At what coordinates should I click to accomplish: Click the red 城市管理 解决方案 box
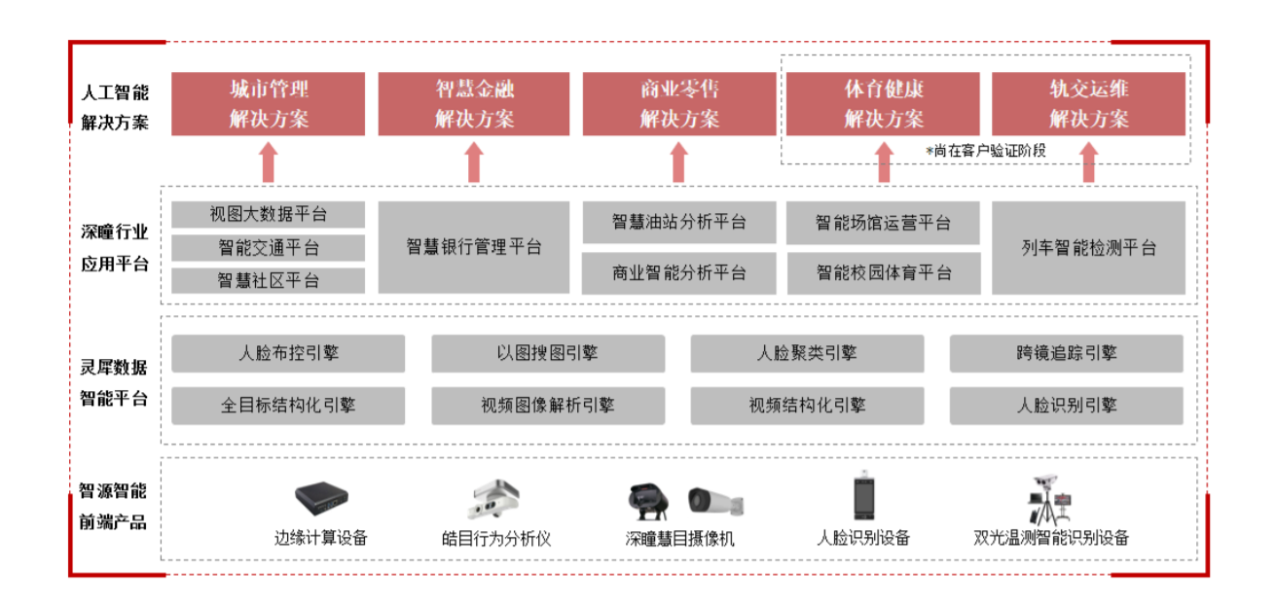coord(269,104)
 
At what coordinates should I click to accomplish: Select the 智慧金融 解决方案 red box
coord(474,104)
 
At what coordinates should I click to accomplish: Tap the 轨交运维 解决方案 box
coord(1089,104)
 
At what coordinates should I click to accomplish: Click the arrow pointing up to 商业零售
coord(679,161)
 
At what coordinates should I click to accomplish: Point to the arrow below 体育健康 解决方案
coord(884,161)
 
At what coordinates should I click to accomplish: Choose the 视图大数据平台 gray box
coord(269,214)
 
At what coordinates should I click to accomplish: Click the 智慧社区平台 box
coord(269,280)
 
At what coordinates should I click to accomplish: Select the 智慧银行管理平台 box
coord(474,247)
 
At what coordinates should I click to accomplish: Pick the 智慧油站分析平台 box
coord(679,223)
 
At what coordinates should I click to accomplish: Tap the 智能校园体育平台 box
coord(884,272)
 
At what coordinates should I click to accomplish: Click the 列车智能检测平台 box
coord(1089,247)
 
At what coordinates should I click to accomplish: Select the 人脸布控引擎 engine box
coord(288,353)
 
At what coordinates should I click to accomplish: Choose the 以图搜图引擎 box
coord(548,353)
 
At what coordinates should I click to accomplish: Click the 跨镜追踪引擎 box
coord(1067,353)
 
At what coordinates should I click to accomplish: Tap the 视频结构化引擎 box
coord(808,406)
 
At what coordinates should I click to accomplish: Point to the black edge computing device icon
coord(321,499)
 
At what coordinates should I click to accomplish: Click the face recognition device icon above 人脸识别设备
coord(863,498)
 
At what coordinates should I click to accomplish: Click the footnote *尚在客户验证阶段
coord(984,151)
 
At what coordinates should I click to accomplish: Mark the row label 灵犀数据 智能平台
coord(115,382)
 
